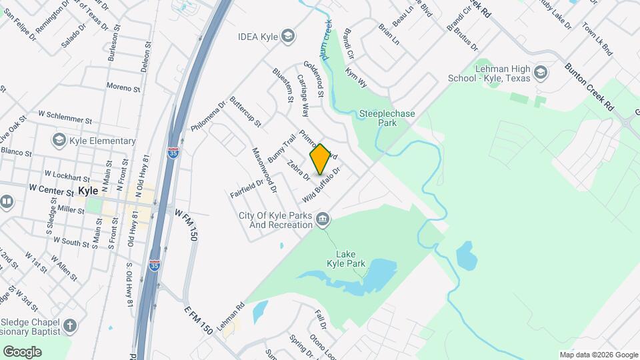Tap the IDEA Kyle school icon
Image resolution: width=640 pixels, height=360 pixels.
coord(289,35)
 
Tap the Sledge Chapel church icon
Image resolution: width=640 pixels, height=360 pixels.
coord(70,326)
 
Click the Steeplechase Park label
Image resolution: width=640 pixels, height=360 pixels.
coord(387,118)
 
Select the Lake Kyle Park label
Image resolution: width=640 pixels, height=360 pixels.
coord(351,259)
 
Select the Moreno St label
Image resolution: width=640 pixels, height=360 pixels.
coord(124,87)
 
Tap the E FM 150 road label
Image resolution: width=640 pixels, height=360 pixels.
coord(198,321)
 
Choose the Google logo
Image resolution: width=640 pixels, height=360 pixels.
coord(22,352)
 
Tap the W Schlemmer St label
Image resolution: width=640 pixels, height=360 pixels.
coord(64,117)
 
